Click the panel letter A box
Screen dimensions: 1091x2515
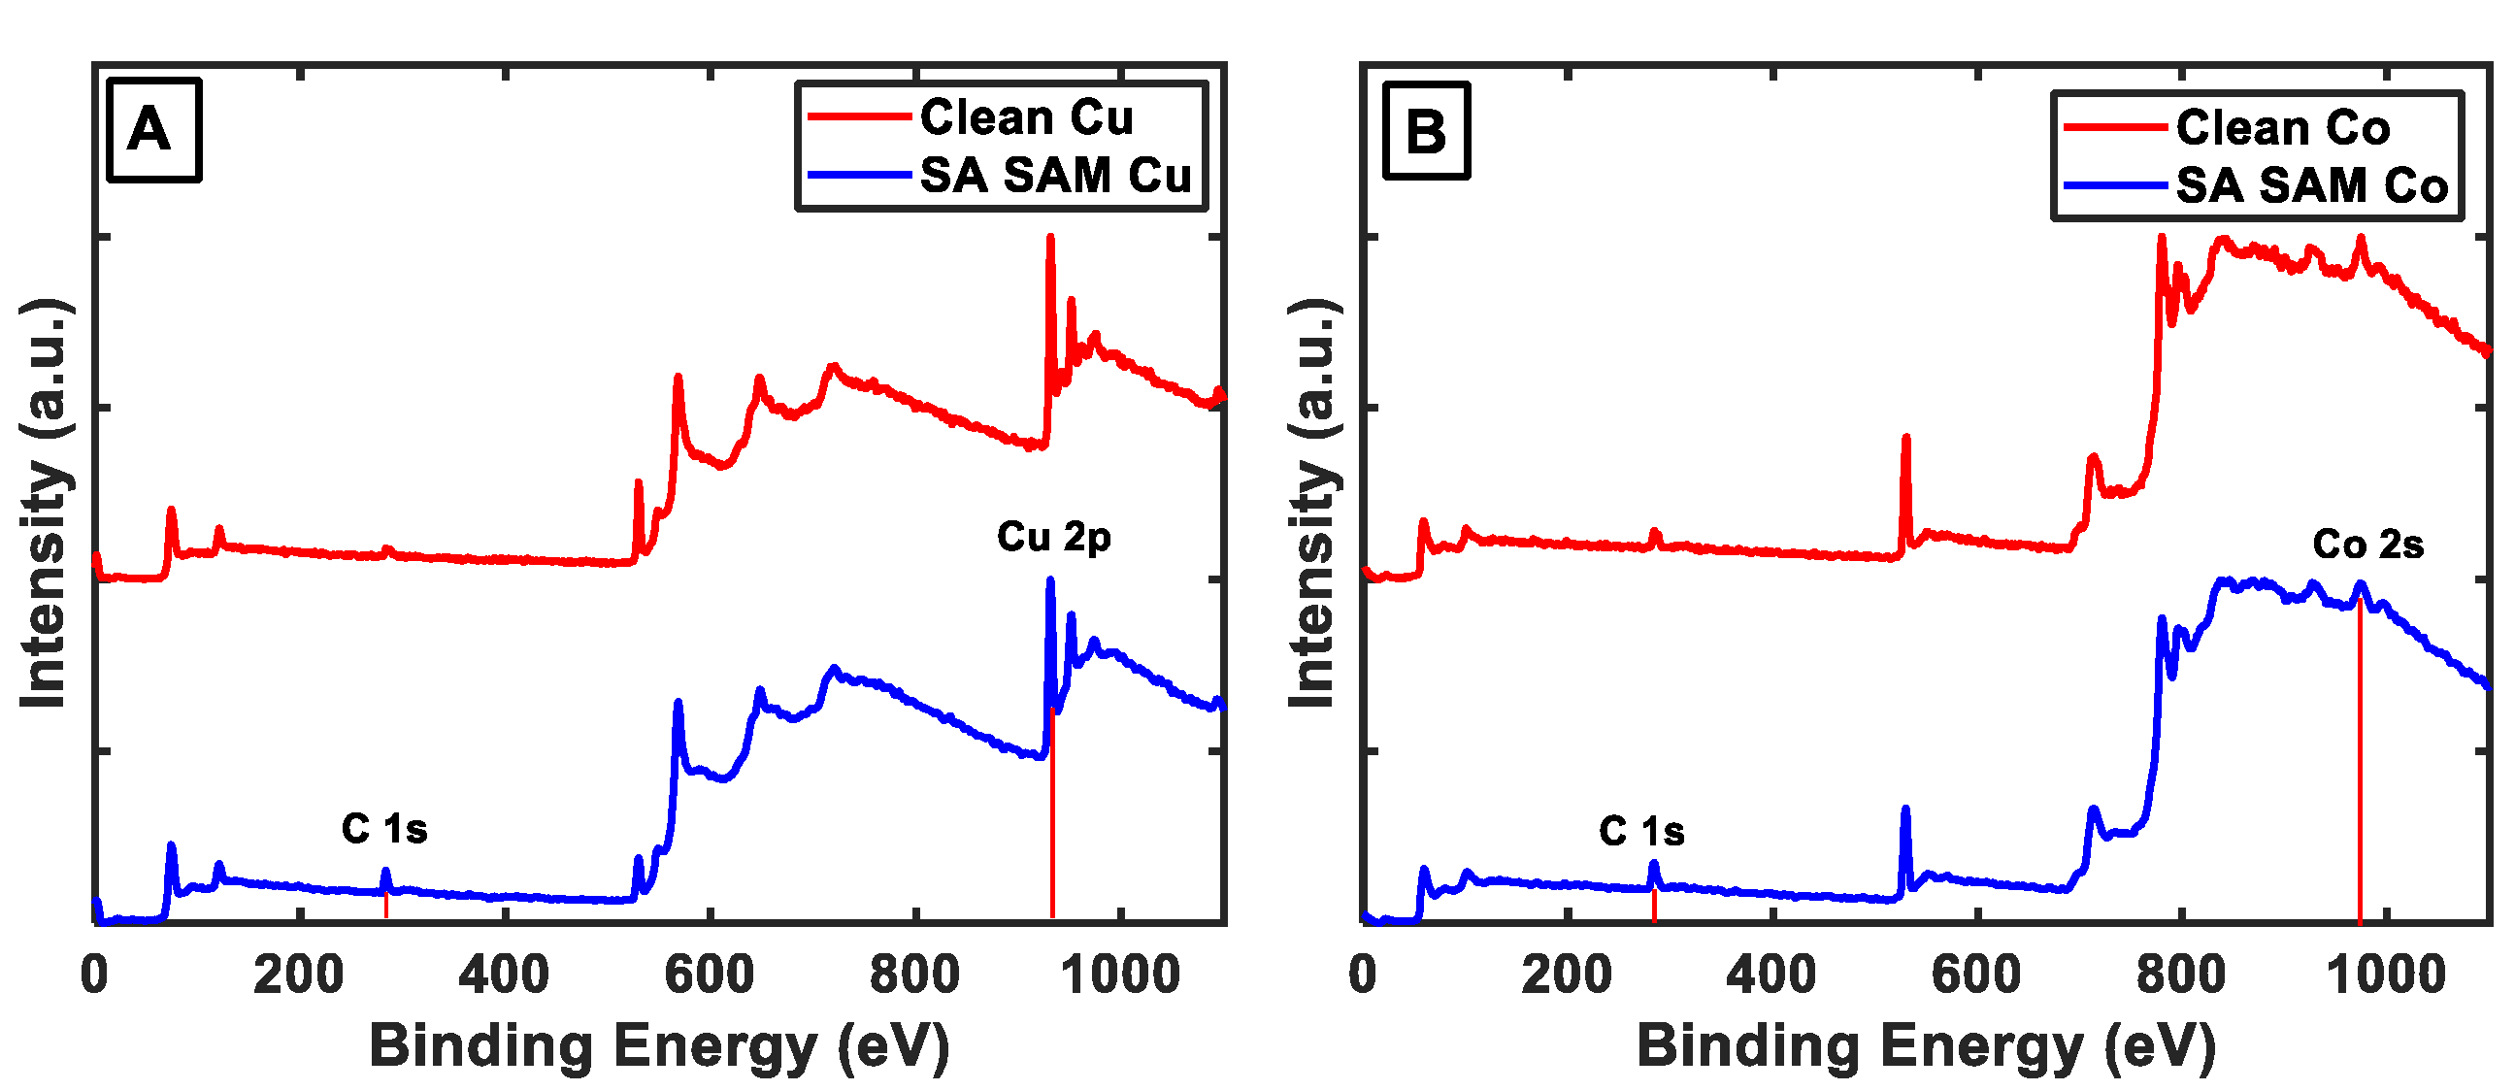(x=153, y=130)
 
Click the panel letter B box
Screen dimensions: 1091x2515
(x=1426, y=130)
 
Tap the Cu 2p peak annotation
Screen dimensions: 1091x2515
(x=1053, y=537)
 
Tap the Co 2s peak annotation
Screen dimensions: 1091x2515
(x=2367, y=545)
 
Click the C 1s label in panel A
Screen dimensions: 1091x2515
(x=384, y=829)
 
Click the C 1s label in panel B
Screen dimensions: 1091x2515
(x=1641, y=832)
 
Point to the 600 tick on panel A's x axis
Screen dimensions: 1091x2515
(x=710, y=975)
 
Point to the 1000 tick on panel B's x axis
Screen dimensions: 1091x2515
(x=2386, y=975)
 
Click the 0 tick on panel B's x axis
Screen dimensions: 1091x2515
(x=1363, y=975)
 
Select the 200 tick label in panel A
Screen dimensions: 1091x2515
(x=299, y=975)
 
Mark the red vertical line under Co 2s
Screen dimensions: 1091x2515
(x=2360, y=762)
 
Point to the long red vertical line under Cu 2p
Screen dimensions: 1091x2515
(x=1052, y=810)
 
